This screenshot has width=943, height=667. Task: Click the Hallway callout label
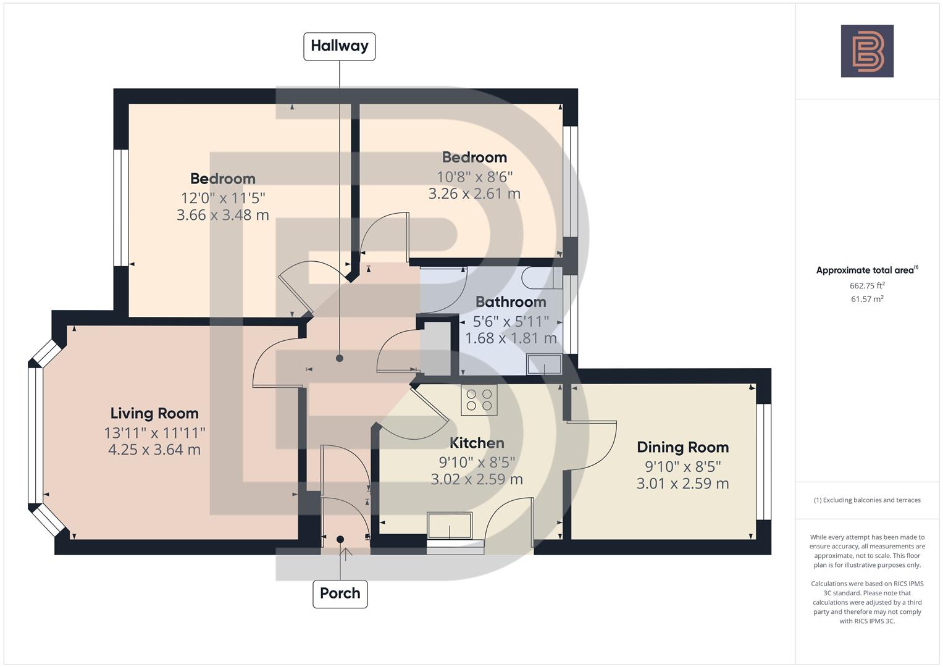339,46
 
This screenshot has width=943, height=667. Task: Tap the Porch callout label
340,594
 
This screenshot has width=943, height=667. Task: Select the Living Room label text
154,413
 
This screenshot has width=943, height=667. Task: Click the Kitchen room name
477,443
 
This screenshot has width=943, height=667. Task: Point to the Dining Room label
682,447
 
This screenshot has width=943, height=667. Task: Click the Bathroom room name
511,302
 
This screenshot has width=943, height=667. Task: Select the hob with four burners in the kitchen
479,400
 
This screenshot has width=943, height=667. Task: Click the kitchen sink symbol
450,526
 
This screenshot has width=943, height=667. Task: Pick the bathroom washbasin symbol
544,364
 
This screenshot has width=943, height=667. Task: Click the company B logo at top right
867,51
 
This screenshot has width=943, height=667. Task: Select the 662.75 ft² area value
867,285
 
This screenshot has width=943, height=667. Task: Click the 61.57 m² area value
867,299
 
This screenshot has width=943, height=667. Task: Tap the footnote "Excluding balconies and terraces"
867,500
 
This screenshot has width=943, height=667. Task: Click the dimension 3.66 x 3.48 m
222,216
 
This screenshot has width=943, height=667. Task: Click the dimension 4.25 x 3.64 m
154,450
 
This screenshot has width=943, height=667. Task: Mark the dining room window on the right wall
763,461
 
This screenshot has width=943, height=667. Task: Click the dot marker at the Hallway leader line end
339,358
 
